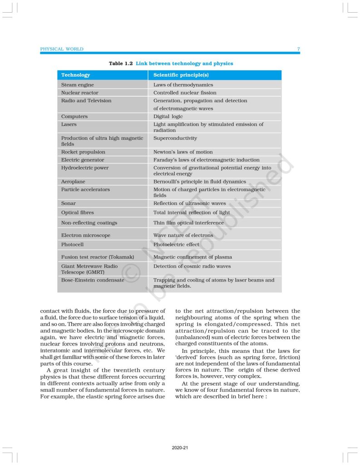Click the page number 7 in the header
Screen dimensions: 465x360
coord(298,49)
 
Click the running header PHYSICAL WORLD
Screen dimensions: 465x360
coord(62,49)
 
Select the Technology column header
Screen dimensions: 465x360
coord(75,75)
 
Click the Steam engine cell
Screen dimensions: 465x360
coord(78,85)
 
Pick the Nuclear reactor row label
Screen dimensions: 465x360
coord(79,93)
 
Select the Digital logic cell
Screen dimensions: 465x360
coord(168,117)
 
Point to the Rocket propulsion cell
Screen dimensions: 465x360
coord(83,152)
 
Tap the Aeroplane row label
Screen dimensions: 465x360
coord(73,182)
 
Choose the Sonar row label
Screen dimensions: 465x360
coord(69,203)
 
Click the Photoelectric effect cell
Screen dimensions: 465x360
coord(176,244)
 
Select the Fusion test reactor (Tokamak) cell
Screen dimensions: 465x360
coord(98,257)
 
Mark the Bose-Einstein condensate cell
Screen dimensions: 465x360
coord(93,280)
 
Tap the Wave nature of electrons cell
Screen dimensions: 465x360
coord(183,235)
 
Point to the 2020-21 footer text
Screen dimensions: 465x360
coord(180,448)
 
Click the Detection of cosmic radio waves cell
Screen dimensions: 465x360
coord(192,267)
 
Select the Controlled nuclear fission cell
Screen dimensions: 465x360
coord(185,93)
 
